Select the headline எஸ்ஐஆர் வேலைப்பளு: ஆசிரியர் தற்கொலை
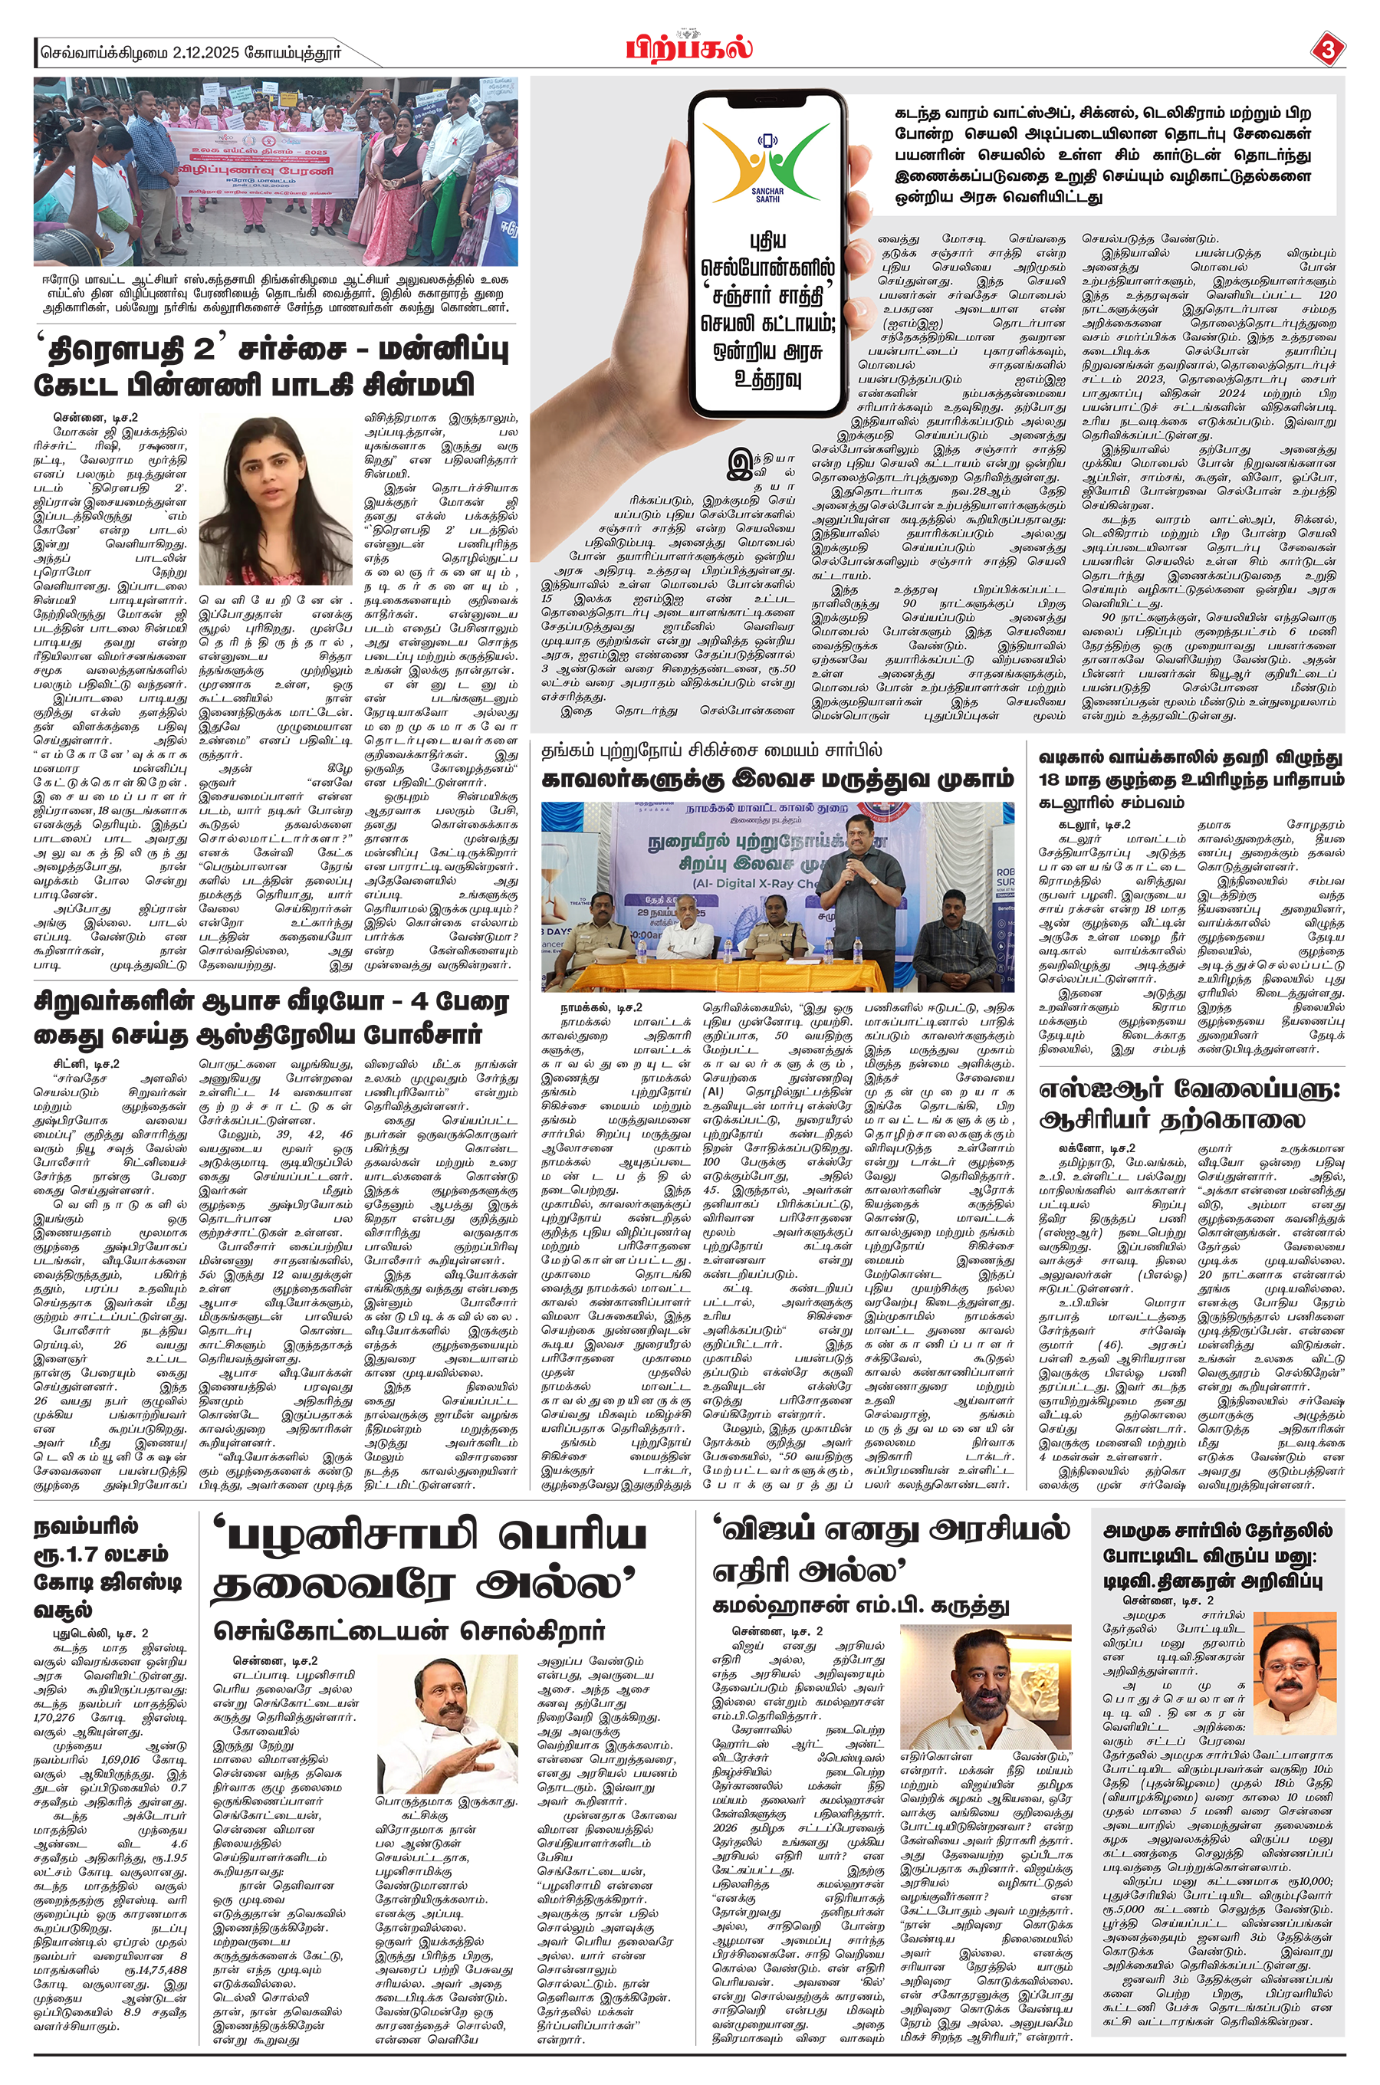pos(1190,1105)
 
